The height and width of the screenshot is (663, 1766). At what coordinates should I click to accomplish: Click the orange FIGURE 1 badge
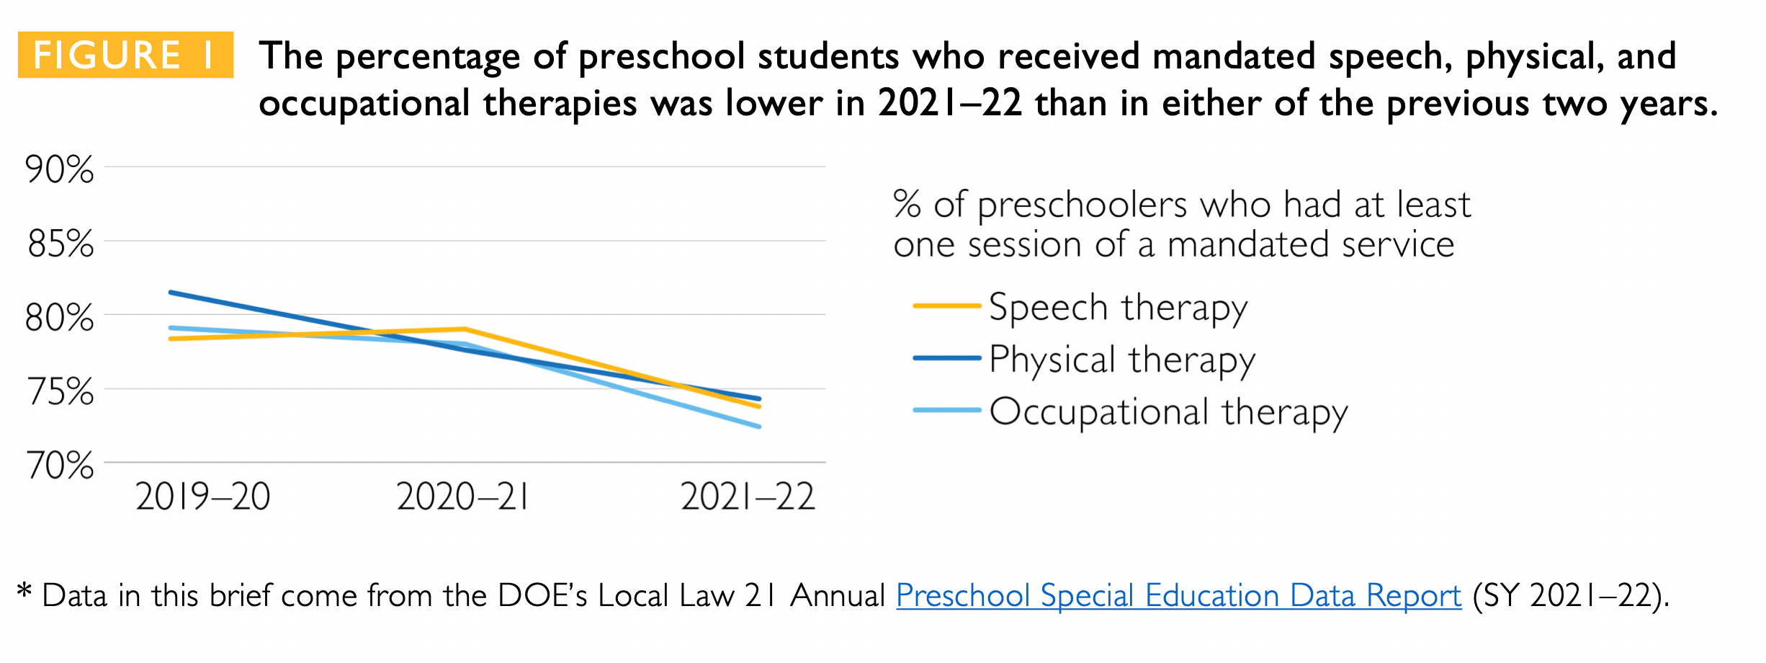125,55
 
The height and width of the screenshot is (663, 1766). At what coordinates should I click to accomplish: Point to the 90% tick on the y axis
59,170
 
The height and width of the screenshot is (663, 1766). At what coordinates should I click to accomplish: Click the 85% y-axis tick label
60,244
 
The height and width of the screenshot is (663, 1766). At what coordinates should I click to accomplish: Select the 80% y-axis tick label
59,318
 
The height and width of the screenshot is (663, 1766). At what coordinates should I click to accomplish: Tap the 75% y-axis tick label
60,392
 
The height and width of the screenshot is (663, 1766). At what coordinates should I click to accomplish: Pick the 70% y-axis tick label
60,466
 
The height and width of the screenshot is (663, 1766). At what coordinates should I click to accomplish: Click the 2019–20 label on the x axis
202,497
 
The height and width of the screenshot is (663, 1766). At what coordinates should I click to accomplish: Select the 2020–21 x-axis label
462,497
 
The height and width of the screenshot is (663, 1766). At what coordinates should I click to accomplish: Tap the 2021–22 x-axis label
747,497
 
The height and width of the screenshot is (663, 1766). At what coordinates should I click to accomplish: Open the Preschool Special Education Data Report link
1178,596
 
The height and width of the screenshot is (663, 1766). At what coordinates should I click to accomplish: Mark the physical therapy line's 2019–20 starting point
171,292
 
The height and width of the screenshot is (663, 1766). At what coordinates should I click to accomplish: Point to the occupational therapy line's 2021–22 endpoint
760,427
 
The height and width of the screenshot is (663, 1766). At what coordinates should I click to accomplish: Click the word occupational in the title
364,104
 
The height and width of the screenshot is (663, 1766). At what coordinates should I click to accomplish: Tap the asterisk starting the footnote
24,592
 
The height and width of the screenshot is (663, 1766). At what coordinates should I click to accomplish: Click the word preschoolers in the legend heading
1082,205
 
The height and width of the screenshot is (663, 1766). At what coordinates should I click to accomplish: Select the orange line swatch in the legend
946,306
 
